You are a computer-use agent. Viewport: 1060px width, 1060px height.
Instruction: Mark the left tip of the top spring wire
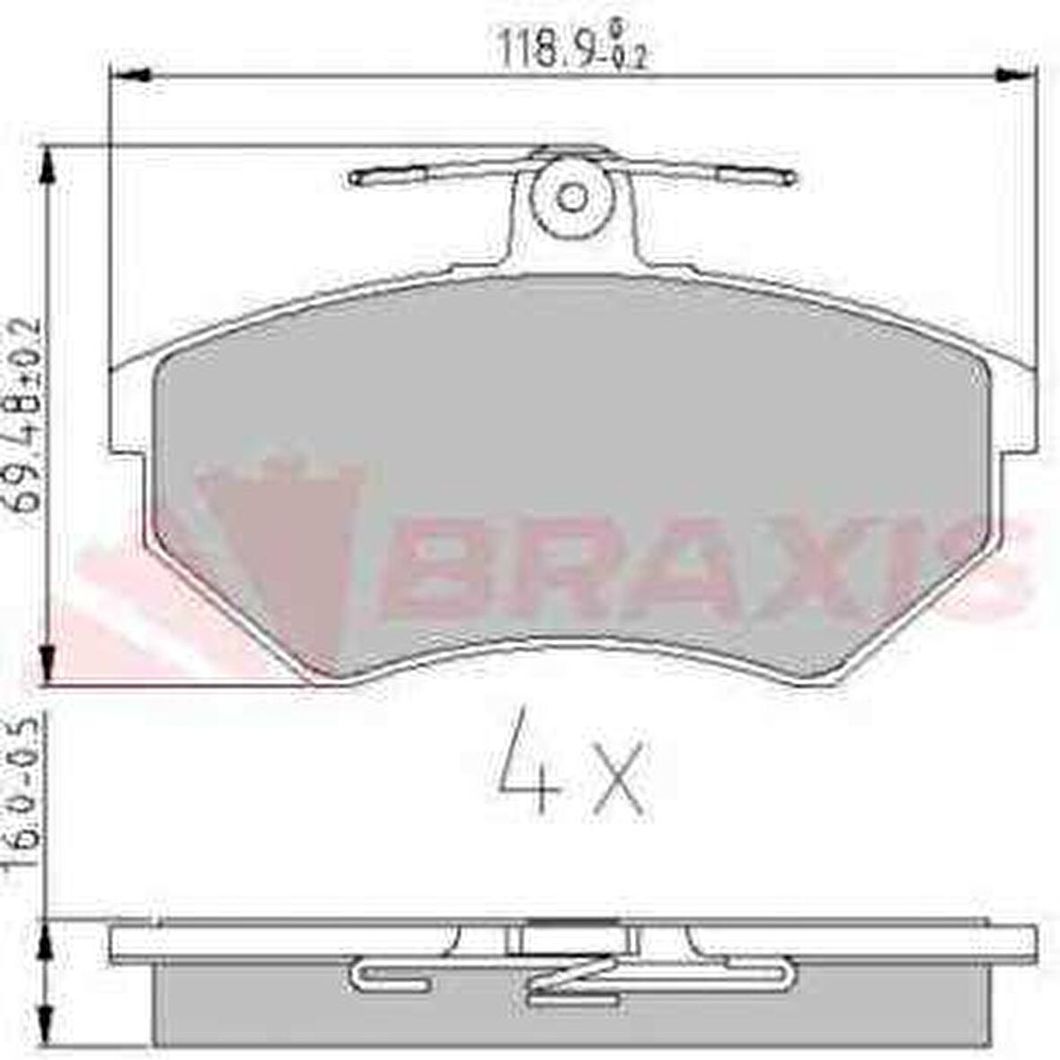[x=354, y=179]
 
